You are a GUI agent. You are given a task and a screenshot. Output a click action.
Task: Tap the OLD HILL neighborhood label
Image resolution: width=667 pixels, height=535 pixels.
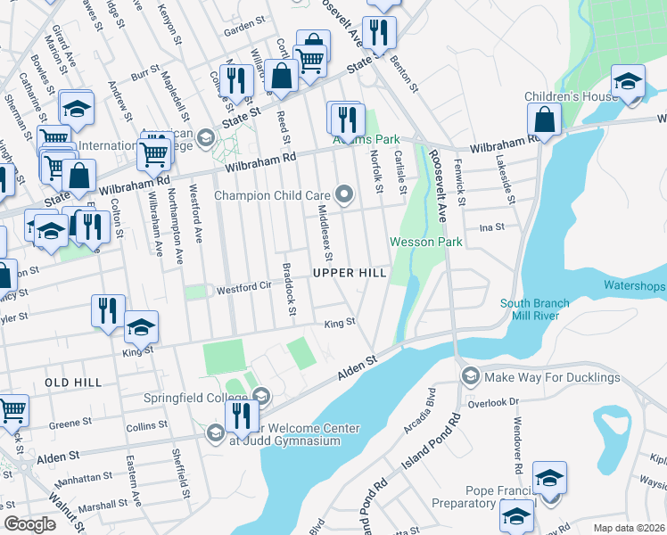coord(73,382)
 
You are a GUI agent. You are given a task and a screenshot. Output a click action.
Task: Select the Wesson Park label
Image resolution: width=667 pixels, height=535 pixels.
coord(425,242)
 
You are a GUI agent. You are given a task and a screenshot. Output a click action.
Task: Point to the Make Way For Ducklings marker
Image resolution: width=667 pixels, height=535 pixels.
coord(470,377)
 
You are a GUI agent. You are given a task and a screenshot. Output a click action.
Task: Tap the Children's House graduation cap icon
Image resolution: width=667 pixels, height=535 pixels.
coord(628,81)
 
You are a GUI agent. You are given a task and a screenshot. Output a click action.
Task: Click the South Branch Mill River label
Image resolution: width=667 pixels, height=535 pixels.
coord(535,309)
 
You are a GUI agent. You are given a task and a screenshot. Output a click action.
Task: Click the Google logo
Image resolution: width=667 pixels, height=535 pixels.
coord(30,524)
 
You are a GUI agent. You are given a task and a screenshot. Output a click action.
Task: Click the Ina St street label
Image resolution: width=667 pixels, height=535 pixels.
coord(491,227)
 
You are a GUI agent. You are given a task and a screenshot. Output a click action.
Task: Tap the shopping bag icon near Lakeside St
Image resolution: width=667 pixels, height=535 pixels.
coord(543,118)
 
